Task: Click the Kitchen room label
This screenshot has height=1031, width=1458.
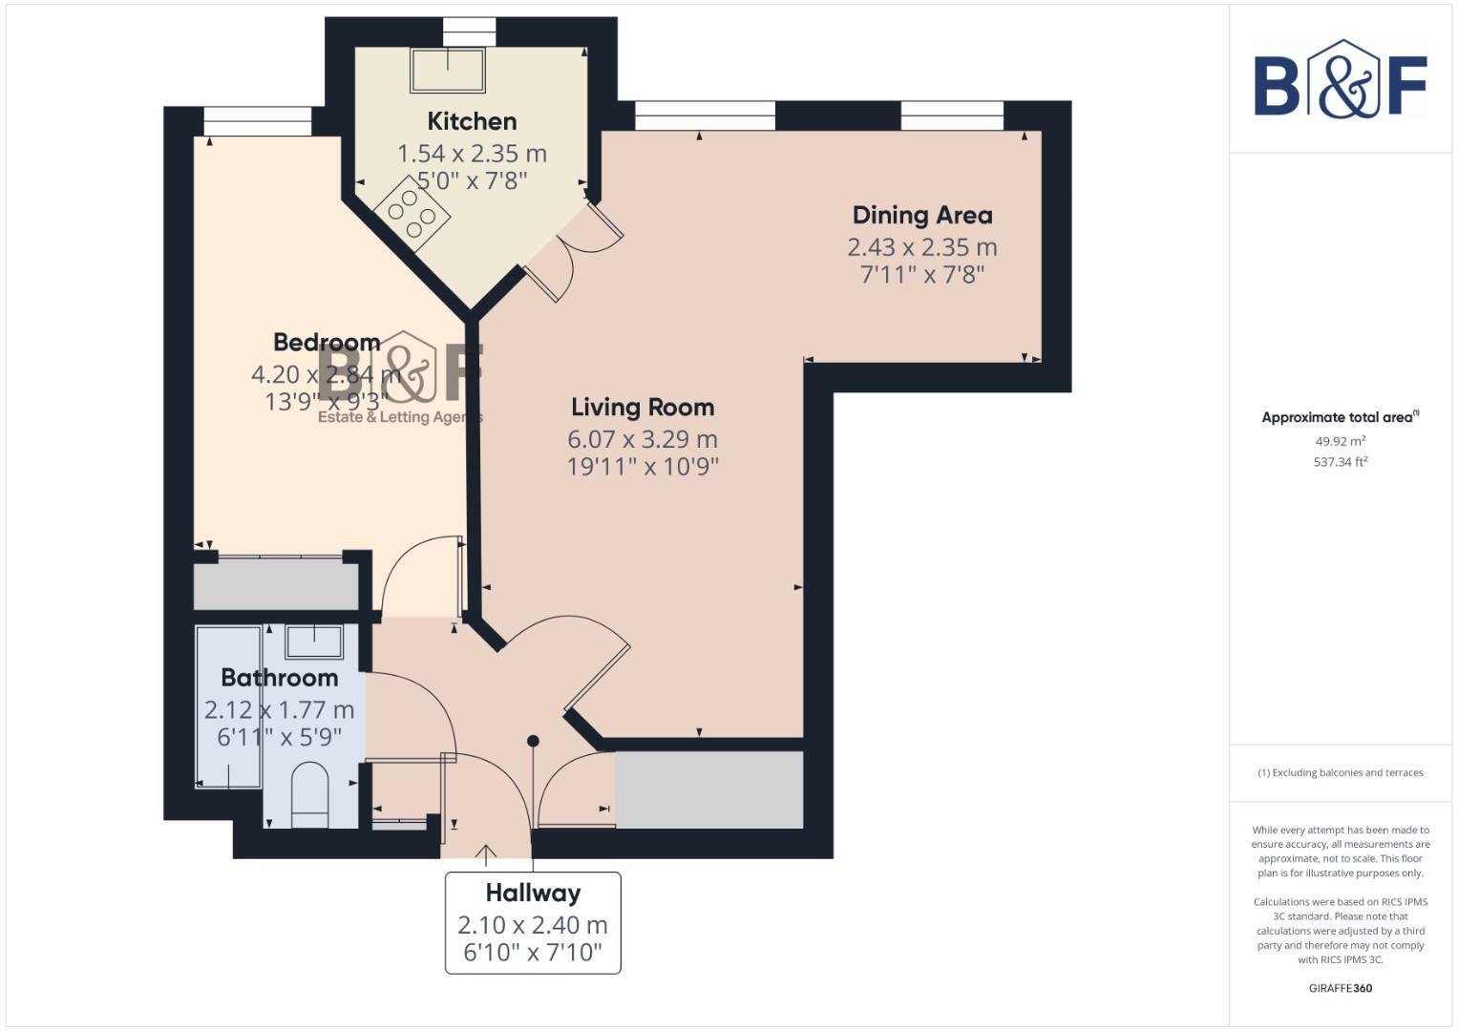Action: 472,121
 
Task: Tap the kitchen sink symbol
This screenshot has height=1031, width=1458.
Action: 447,69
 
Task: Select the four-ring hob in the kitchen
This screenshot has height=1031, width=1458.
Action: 412,215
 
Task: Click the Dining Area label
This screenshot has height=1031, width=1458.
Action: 921,215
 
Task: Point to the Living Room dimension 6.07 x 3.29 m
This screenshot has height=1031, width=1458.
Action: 642,439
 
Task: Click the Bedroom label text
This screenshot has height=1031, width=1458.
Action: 327,342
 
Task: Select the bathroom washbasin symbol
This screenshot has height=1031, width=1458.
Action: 314,642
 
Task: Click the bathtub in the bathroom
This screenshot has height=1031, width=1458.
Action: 228,706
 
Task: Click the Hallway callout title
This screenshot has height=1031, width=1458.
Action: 533,894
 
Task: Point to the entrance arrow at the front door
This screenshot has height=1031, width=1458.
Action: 486,852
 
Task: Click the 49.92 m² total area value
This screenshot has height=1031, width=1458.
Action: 1340,441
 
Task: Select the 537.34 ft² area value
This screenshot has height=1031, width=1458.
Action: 1340,462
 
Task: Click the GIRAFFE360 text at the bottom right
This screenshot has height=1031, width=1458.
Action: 1340,988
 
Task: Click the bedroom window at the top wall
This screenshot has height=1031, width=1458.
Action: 258,121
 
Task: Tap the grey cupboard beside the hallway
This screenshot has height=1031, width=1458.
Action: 708,789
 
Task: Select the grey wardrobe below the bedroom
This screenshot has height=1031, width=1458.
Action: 275,585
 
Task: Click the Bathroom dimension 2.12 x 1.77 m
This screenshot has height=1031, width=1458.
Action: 279,710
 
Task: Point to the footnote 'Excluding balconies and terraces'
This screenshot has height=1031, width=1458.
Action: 1340,772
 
